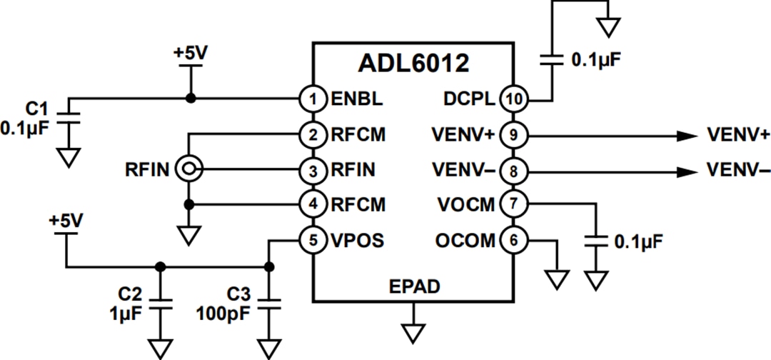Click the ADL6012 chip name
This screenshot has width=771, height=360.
click(413, 63)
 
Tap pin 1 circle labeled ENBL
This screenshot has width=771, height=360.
click(313, 99)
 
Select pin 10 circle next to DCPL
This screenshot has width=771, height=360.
click(513, 99)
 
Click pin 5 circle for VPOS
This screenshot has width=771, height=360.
click(313, 241)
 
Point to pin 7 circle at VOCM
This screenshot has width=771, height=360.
click(513, 205)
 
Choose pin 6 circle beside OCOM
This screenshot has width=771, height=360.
click(513, 241)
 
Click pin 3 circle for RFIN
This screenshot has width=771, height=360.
click(313, 170)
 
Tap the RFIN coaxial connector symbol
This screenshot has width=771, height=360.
click(191, 169)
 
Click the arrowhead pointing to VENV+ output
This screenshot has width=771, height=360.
click(687, 135)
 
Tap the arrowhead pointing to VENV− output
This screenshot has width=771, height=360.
click(687, 171)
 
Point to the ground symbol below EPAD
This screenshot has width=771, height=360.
click(413, 333)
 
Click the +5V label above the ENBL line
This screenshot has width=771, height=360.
click(190, 54)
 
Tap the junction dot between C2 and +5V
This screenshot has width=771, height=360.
click(160, 267)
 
